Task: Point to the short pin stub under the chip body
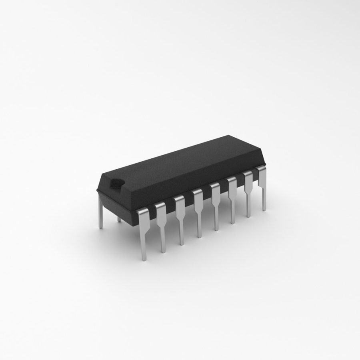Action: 119,219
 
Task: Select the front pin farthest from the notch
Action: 263,188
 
